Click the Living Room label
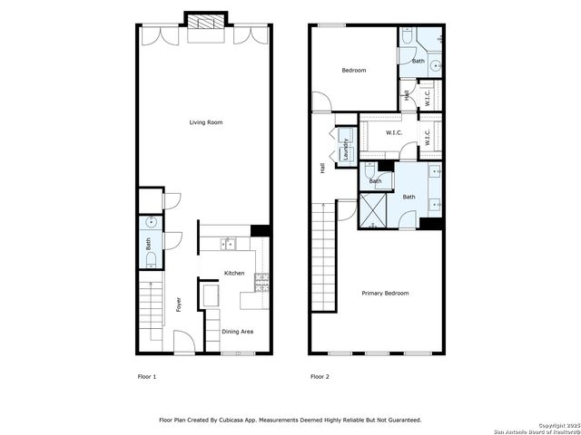click(x=205, y=122)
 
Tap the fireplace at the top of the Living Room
click(x=205, y=22)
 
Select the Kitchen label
click(x=234, y=273)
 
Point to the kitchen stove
click(x=262, y=282)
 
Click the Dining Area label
click(x=237, y=332)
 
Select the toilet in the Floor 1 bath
click(x=151, y=258)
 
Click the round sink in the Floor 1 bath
click(x=151, y=222)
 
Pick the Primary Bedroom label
click(x=385, y=293)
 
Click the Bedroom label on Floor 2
click(x=353, y=70)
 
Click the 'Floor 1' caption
click(x=146, y=375)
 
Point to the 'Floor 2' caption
click(x=320, y=375)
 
